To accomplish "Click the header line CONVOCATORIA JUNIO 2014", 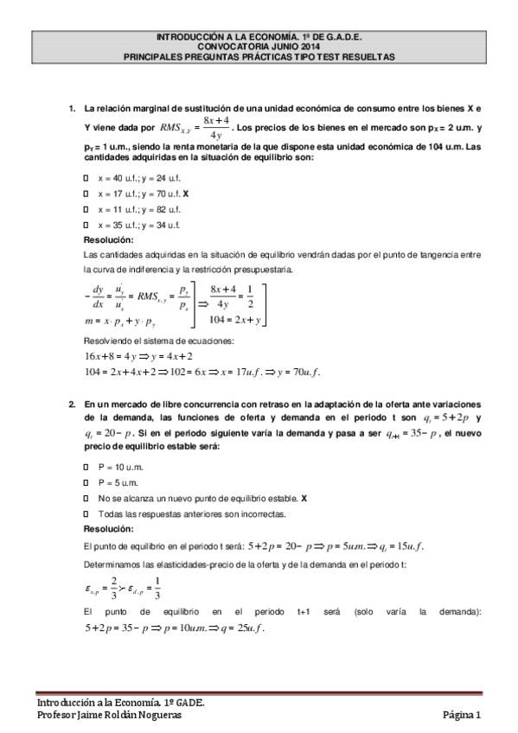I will [259, 46].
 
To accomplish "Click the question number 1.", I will [72, 109].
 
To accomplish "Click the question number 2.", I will [72, 405].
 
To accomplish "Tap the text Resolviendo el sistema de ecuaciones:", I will [152, 341].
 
